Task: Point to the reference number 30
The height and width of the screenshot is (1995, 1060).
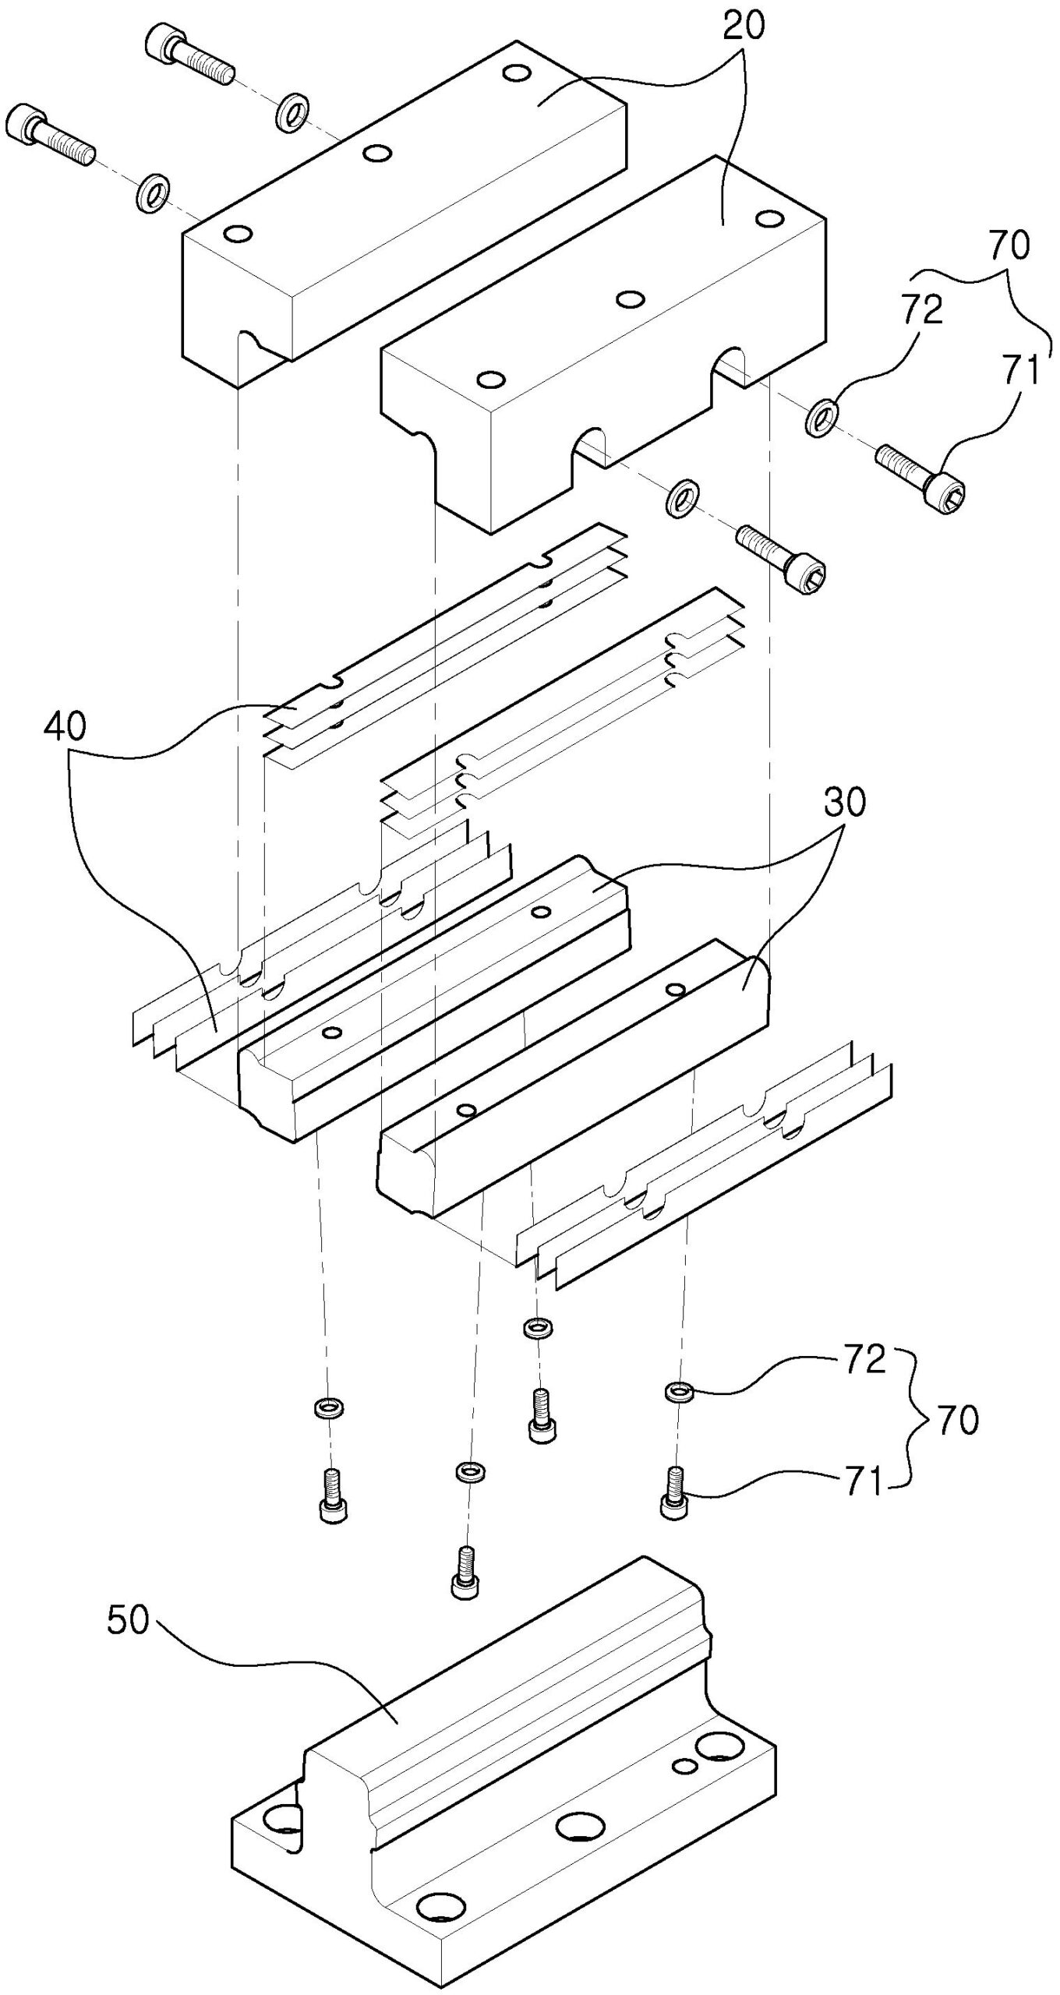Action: pyautogui.click(x=845, y=803)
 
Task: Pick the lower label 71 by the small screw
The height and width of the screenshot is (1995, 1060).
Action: pyautogui.click(x=864, y=1482)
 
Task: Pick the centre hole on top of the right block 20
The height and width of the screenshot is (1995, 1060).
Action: pyautogui.click(x=629, y=298)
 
